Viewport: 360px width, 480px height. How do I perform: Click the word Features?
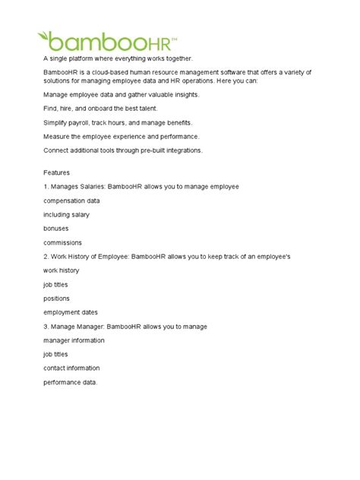click(58, 172)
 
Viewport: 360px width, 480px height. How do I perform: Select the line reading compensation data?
click(71, 201)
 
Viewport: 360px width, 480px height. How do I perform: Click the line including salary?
click(66, 215)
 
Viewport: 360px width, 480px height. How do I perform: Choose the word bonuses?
click(57, 229)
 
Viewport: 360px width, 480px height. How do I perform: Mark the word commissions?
click(63, 242)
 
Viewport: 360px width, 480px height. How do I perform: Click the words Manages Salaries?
click(80, 187)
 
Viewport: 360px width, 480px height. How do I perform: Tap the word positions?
click(58, 298)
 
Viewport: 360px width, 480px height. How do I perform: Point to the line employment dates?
click(70, 311)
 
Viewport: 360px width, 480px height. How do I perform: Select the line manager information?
click(74, 339)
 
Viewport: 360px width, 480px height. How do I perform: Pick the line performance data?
click(71, 381)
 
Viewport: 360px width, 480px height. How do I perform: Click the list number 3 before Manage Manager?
click(46, 326)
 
